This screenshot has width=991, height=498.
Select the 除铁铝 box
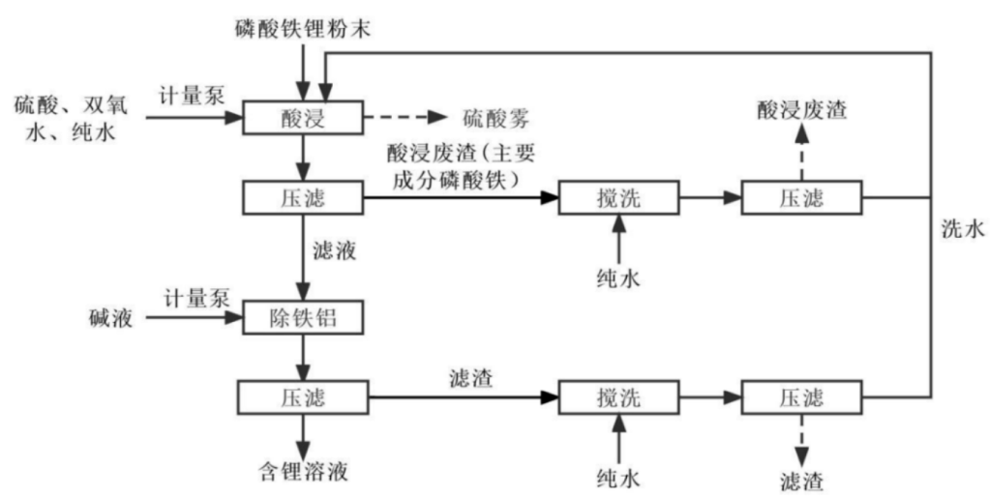[304, 316]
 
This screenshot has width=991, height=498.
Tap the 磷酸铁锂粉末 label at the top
[302, 28]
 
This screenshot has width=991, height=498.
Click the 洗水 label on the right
[962, 229]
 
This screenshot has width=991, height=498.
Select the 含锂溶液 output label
[304, 472]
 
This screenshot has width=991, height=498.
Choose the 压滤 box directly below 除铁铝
[304, 396]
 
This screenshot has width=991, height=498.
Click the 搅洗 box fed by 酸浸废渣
[617, 198]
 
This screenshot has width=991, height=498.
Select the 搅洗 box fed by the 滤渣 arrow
[617, 396]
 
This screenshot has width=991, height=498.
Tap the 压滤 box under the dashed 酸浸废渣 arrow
[801, 198]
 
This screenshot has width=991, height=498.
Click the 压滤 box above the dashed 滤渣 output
[801, 396]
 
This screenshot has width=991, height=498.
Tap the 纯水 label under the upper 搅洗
[617, 279]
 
